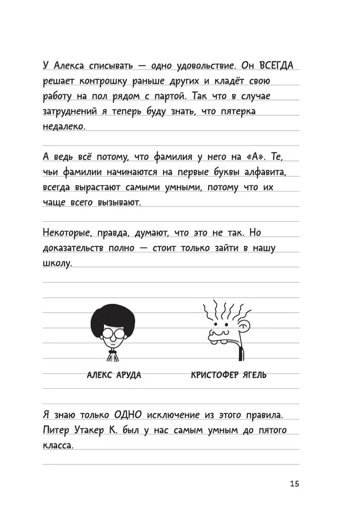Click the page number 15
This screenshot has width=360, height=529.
[x=294, y=484]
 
